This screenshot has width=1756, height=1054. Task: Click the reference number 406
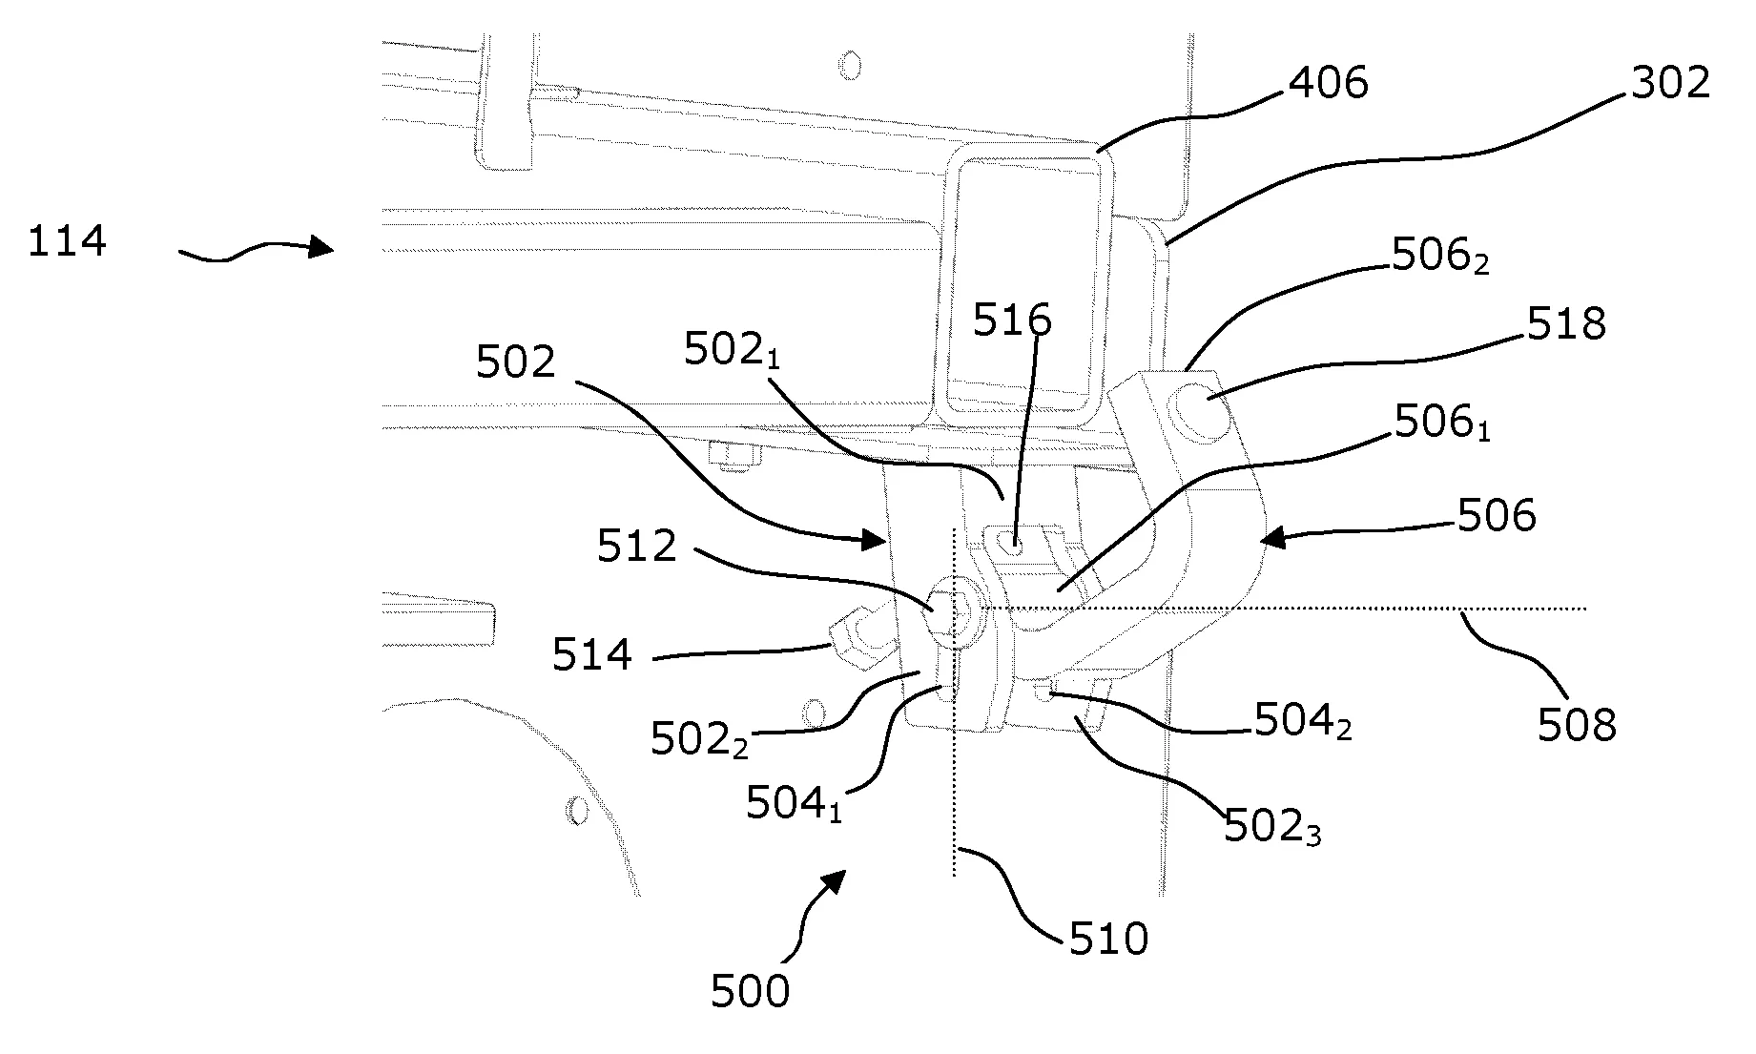pos(1328,84)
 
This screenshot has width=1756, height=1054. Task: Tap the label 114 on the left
pos(67,241)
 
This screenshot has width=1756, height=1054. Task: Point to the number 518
pos(1566,325)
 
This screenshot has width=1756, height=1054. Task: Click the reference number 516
pos(1012,320)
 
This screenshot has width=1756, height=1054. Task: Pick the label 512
pos(637,547)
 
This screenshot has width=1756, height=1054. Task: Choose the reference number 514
pos(592,655)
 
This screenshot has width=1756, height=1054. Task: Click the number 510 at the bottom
pos(1108,940)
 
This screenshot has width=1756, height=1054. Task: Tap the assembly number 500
pos(751,992)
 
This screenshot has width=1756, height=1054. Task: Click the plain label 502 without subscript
pos(515,362)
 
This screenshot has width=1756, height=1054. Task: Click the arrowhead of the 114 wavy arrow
pos(325,249)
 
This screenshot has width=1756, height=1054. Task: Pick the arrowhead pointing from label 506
pos(1268,540)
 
